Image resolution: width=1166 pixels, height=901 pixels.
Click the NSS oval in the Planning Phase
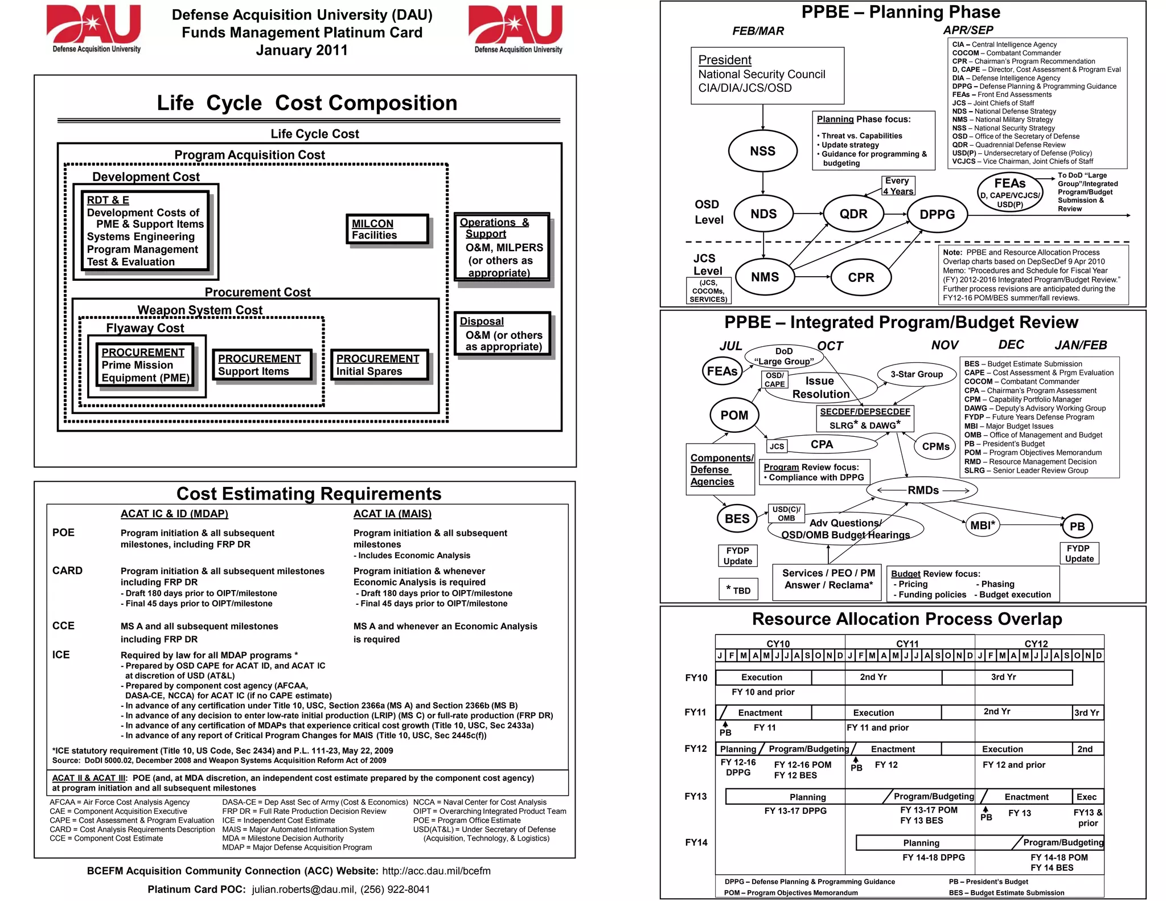pos(762,151)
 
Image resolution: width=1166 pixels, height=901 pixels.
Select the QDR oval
pos(853,214)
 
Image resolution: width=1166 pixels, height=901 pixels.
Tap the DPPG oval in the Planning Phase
pos(937,215)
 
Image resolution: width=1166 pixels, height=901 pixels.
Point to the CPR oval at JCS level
pos(860,277)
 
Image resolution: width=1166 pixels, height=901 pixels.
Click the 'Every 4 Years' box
pos(897,186)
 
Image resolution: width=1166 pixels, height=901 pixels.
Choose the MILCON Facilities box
pos(387,230)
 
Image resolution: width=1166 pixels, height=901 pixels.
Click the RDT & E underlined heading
pos(108,200)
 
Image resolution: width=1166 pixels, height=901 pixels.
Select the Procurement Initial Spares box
pos(379,365)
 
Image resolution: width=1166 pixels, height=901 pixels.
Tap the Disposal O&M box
pos(502,334)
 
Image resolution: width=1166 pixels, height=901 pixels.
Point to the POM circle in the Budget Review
pos(734,415)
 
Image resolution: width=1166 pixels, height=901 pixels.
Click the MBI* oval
pos(983,525)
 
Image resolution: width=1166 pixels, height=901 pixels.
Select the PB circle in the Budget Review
pos(1077,526)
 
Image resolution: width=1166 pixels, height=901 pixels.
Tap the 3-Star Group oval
pos(917,374)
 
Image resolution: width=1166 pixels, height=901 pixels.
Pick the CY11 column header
pos(908,644)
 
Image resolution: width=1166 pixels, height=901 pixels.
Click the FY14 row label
pos(696,842)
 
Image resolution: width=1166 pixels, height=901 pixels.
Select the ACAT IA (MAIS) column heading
pos(392,514)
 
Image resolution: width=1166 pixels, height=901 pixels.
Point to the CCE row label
pos(63,626)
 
